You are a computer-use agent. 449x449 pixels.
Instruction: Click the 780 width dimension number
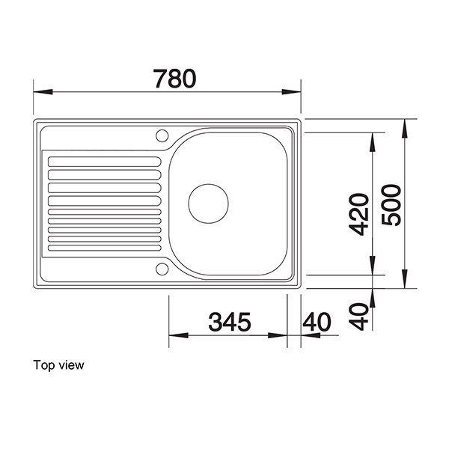pos(174,78)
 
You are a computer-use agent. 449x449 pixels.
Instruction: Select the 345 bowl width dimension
pos(230,323)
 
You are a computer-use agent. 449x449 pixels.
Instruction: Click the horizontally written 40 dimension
pos(317,323)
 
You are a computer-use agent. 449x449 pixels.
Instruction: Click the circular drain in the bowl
pos(207,202)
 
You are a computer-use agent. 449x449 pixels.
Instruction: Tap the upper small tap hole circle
pos(161,135)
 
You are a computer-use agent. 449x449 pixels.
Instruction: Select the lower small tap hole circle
pos(162,267)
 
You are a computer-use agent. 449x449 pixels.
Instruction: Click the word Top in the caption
pos(43,366)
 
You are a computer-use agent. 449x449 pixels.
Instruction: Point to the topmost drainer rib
pos(104,160)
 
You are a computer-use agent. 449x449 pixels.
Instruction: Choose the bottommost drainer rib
pos(104,245)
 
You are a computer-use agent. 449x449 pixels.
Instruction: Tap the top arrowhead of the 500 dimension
pos(406,126)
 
